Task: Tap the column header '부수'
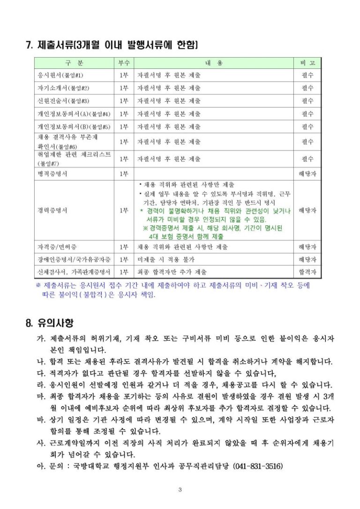click(124, 63)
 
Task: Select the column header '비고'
click(307, 63)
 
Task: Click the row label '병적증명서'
click(52, 174)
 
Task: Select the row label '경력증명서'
click(52, 210)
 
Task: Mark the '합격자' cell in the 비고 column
click(307, 272)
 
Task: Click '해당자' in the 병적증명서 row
click(307, 174)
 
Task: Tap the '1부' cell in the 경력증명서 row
click(124, 210)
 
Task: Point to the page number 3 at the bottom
click(180, 491)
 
